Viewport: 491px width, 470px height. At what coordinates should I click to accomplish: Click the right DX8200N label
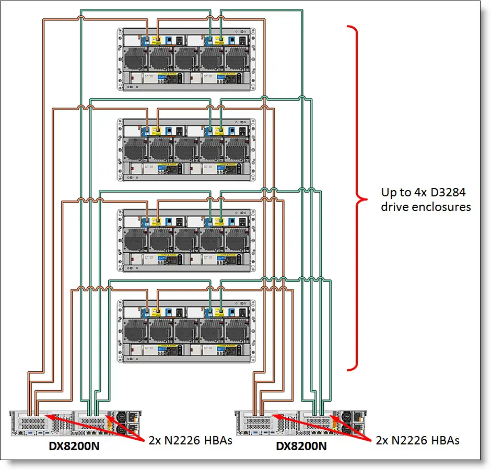[301, 446]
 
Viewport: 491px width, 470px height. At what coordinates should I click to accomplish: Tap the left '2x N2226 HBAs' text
[188, 440]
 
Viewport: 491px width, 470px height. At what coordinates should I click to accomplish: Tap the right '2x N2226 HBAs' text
[417, 440]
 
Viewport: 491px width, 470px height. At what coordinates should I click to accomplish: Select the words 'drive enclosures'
[426, 207]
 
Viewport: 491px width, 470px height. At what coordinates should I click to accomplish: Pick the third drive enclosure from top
[186, 239]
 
